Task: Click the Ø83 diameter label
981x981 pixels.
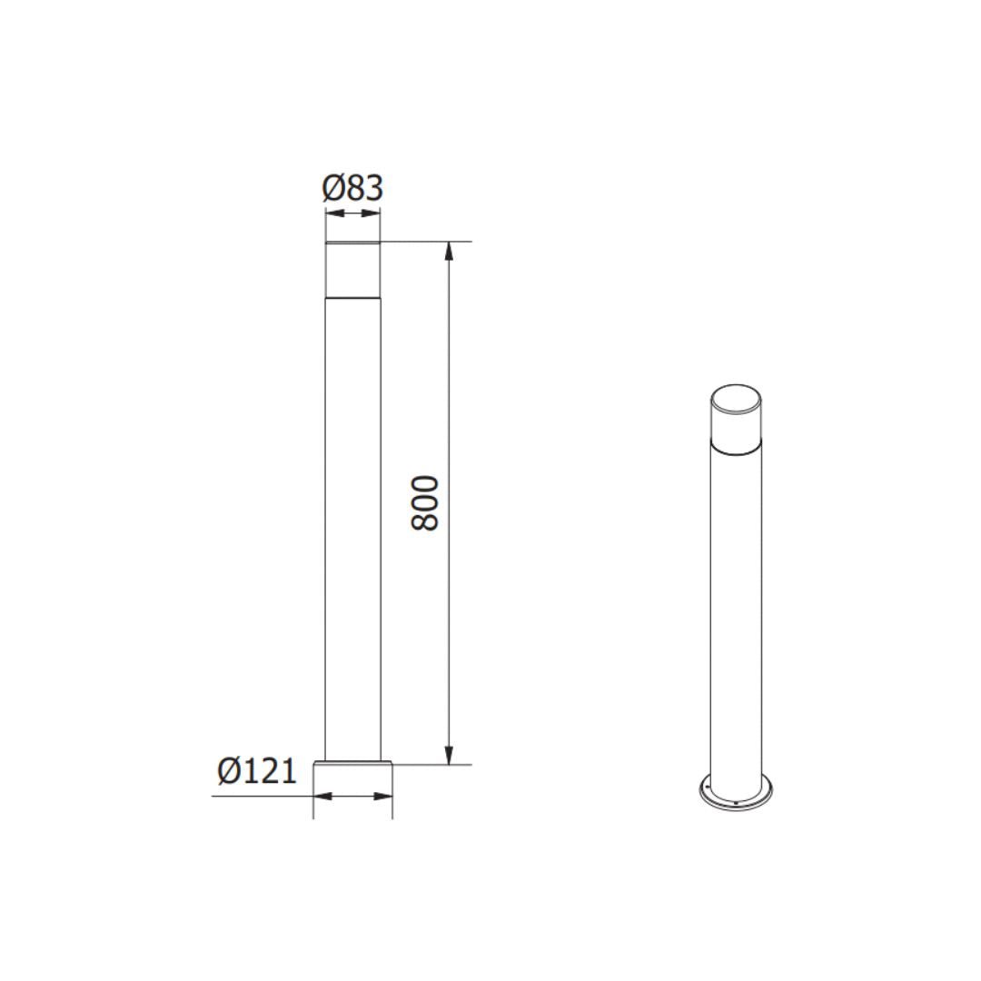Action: pyautogui.click(x=352, y=188)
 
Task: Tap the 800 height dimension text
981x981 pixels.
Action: pyautogui.click(x=425, y=502)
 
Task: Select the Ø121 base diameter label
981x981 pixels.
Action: pyautogui.click(x=257, y=771)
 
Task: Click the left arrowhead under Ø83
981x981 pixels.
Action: pyautogui.click(x=331, y=213)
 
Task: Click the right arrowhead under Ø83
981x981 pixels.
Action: pyautogui.click(x=375, y=213)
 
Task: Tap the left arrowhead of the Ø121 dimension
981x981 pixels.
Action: pyautogui.click(x=319, y=797)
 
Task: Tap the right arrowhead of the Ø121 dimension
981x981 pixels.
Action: pyautogui.click(x=388, y=797)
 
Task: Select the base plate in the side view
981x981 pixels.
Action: pyautogui.click(x=353, y=766)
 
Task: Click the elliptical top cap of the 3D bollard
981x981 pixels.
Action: pyautogui.click(x=737, y=400)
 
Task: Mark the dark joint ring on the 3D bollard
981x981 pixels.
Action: pyautogui.click(x=737, y=446)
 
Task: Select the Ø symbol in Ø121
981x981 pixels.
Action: pyautogui.click(x=229, y=771)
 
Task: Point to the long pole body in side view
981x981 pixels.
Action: pyautogui.click(x=352, y=527)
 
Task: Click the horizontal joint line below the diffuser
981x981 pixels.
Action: pyautogui.click(x=352, y=297)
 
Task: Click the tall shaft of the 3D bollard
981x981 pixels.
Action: pyautogui.click(x=737, y=618)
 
